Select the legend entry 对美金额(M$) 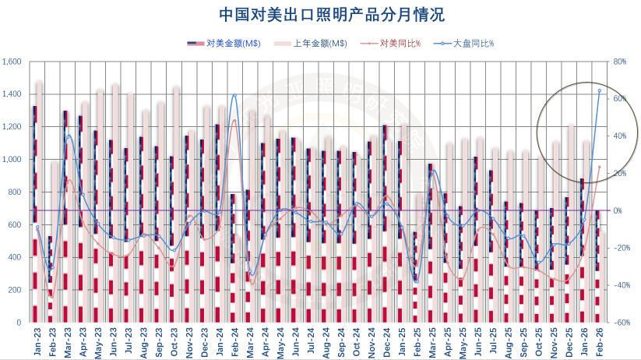coord(234,44)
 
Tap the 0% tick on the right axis coord(618,210)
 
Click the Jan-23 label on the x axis coord(36,342)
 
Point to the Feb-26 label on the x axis coord(598,342)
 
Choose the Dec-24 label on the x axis coord(386,342)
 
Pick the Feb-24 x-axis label coord(233,342)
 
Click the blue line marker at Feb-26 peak coord(599,90)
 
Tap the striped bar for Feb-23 coord(50,279)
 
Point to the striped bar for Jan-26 coord(582,250)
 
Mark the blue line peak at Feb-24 coord(234,96)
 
